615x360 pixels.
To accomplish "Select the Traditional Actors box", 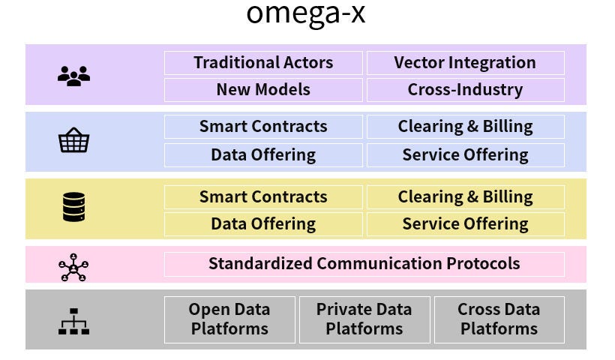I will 263,63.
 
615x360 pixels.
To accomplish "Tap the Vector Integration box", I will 465,63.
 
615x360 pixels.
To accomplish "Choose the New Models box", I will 263,90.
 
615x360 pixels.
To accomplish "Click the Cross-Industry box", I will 465,90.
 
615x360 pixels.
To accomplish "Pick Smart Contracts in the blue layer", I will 263,127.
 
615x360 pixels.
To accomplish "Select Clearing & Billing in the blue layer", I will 465,127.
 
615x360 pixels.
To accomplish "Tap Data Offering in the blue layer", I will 263,155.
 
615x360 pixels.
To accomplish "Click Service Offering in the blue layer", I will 465,155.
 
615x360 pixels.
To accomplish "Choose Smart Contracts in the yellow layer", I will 263,197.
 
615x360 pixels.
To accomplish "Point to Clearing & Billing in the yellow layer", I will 465,197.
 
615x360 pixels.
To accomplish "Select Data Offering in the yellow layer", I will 263,224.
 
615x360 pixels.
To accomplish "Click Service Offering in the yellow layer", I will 465,224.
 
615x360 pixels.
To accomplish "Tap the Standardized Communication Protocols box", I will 364,264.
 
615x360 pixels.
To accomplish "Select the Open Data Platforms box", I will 229,319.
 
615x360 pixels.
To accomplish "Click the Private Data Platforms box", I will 364,319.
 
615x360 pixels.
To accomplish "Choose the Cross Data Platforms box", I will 499,319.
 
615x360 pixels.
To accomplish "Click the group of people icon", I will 73,76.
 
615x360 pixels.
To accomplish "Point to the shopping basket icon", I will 73,140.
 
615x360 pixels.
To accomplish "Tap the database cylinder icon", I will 73,207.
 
